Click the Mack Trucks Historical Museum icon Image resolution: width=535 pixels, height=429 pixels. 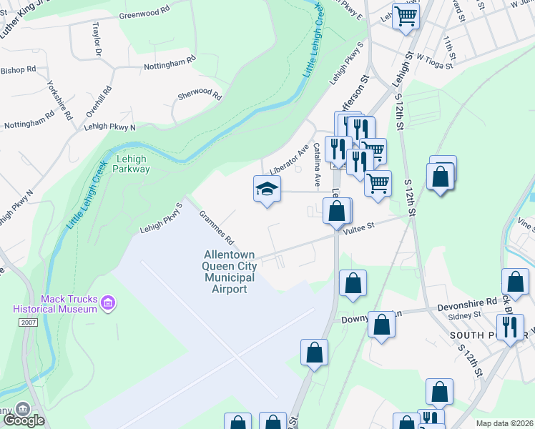click(108, 303)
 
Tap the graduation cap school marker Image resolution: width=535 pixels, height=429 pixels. click(267, 189)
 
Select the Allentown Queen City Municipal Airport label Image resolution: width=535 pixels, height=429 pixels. click(226, 272)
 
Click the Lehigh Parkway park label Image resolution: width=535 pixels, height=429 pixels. click(131, 164)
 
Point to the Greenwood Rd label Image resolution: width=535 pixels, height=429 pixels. click(144, 14)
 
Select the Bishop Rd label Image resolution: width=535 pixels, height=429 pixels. click(18, 70)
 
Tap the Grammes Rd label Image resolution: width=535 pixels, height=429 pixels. click(217, 226)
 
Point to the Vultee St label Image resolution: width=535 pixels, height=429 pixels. click(358, 226)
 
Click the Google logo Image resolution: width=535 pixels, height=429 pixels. click(24, 420)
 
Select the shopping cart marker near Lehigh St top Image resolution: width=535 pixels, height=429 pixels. click(406, 15)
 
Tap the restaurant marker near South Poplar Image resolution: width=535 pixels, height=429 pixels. click(510, 326)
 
